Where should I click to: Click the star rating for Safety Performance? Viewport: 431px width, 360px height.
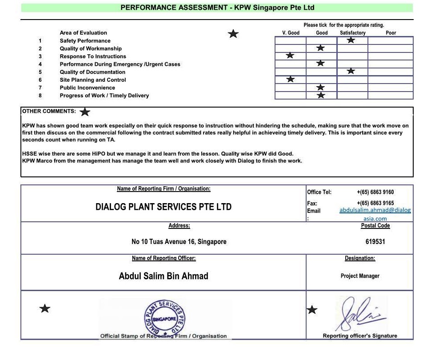tap(351, 40)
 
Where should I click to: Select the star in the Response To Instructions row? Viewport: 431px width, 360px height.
tap(290, 56)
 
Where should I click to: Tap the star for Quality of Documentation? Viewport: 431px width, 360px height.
tap(351, 71)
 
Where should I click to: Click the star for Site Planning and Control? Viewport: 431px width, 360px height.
tap(290, 79)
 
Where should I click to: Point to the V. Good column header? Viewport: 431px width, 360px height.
tap(291, 33)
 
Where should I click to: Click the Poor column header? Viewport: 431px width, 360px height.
tap(391, 33)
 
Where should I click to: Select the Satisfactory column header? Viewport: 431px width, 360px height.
tap(352, 33)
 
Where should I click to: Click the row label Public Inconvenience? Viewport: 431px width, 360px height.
tap(87, 88)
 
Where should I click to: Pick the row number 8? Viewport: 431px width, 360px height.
tap(40, 96)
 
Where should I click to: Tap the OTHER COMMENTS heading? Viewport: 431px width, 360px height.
tap(49, 111)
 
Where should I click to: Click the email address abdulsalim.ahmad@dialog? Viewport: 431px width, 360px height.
tap(375, 210)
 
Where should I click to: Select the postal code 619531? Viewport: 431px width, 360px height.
tap(375, 242)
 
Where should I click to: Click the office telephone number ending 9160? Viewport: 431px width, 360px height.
tap(375, 192)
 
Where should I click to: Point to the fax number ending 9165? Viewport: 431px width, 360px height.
tap(375, 203)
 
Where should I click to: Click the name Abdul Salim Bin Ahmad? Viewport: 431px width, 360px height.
tap(163, 276)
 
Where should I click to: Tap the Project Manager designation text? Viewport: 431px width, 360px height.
tap(360, 276)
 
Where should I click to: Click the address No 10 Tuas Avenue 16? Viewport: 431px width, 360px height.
tap(179, 242)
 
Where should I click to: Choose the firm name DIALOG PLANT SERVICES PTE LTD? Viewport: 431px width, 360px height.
tap(163, 207)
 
